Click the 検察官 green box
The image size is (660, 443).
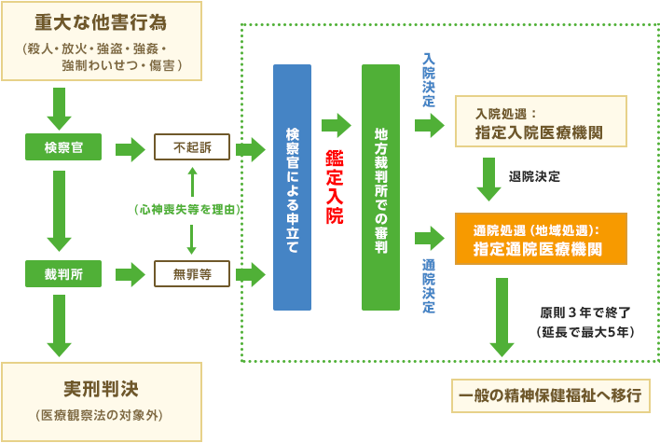[63, 147]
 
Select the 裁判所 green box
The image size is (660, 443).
[63, 274]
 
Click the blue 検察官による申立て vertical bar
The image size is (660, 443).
[292, 187]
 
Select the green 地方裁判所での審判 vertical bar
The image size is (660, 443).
[379, 187]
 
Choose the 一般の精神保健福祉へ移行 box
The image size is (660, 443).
[550, 395]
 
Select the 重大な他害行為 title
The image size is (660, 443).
[100, 21]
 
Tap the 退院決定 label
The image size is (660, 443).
[534, 176]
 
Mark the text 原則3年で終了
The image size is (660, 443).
[585, 311]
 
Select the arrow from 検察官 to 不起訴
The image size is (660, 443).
[130, 147]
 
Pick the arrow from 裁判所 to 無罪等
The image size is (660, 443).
[130, 274]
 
